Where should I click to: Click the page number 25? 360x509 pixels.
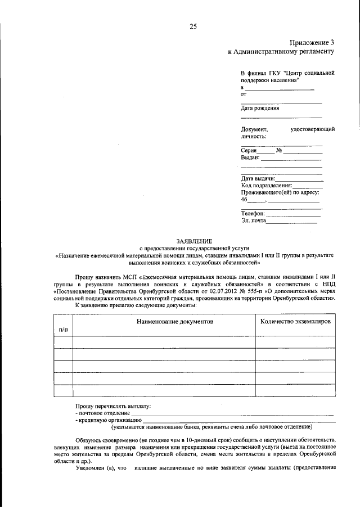click(x=192, y=26)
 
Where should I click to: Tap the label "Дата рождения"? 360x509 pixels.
click(x=260, y=109)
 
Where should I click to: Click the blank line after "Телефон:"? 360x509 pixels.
click(x=292, y=214)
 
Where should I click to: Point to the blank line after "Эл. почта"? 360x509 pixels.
click(x=291, y=222)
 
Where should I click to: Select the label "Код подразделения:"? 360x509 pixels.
click(x=266, y=186)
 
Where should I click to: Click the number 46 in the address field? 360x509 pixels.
click(x=244, y=200)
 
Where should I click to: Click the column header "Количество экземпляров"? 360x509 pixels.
click(x=295, y=321)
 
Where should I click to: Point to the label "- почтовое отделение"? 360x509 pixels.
click(x=102, y=413)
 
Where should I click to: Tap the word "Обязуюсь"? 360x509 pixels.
click(x=90, y=439)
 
